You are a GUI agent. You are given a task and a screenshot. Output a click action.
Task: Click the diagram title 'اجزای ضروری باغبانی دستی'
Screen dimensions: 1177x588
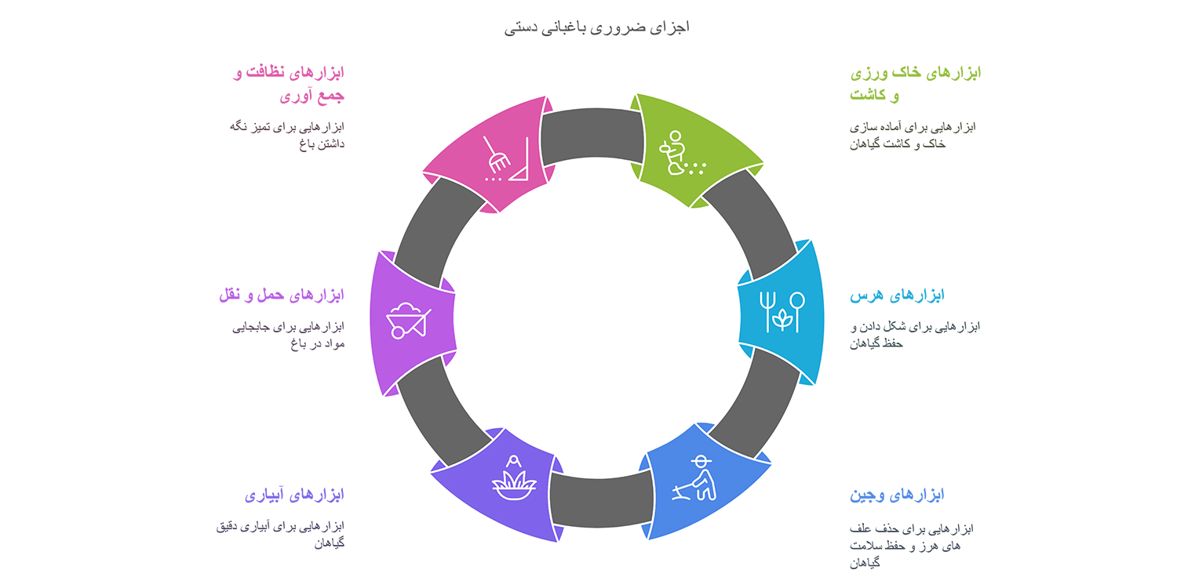click(596, 27)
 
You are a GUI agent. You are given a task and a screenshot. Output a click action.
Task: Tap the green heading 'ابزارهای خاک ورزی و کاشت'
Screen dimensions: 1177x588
click(916, 83)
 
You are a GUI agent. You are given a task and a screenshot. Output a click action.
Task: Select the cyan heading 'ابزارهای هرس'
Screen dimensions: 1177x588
click(897, 295)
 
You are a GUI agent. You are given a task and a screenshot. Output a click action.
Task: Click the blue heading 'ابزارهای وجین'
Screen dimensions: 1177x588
click(897, 495)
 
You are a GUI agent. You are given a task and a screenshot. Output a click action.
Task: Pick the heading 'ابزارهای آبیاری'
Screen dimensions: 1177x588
click(294, 495)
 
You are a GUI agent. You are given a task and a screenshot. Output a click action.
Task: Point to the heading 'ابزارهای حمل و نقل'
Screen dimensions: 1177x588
click(282, 295)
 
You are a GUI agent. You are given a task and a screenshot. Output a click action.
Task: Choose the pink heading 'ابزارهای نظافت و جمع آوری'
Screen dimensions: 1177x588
click(289, 83)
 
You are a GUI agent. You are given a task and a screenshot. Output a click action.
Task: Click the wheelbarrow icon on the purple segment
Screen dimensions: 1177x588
click(408, 320)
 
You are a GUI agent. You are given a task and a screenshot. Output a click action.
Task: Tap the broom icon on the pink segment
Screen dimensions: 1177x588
click(505, 159)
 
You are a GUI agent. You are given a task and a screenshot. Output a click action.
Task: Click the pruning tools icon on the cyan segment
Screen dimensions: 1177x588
click(782, 312)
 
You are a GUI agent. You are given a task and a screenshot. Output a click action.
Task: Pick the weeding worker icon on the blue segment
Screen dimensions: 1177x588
click(694, 478)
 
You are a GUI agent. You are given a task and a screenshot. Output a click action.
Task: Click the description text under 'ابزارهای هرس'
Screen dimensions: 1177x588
click(915, 335)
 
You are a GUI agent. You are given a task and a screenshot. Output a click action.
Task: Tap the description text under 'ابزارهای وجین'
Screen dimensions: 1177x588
click(912, 546)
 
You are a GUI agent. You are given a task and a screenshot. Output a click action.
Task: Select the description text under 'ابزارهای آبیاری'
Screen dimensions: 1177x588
click(280, 535)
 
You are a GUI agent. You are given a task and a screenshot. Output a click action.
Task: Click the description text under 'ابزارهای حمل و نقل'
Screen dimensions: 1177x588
click(289, 335)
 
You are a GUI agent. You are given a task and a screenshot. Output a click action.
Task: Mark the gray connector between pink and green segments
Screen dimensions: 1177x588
click(592, 134)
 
